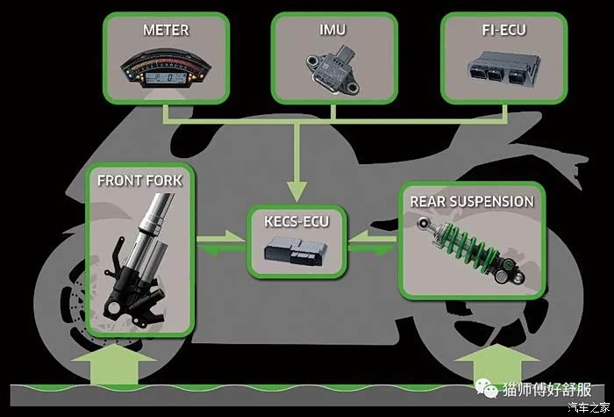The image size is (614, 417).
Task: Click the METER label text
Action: pos(166,30)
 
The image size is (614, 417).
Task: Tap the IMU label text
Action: pos(332,30)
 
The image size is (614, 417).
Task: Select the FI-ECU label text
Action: pos(503,30)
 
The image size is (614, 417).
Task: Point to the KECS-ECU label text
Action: pos(296,221)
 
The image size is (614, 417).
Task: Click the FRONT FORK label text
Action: pos(139,181)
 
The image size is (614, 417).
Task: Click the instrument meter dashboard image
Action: pos(166,68)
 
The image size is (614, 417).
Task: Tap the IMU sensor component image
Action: pos(333,69)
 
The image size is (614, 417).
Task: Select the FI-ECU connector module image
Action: pos(504,68)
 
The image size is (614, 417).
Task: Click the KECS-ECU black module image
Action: pos(296,251)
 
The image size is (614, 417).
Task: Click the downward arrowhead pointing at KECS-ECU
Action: pos(296,191)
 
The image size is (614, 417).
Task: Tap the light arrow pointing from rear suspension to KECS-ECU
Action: pos(372,238)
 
